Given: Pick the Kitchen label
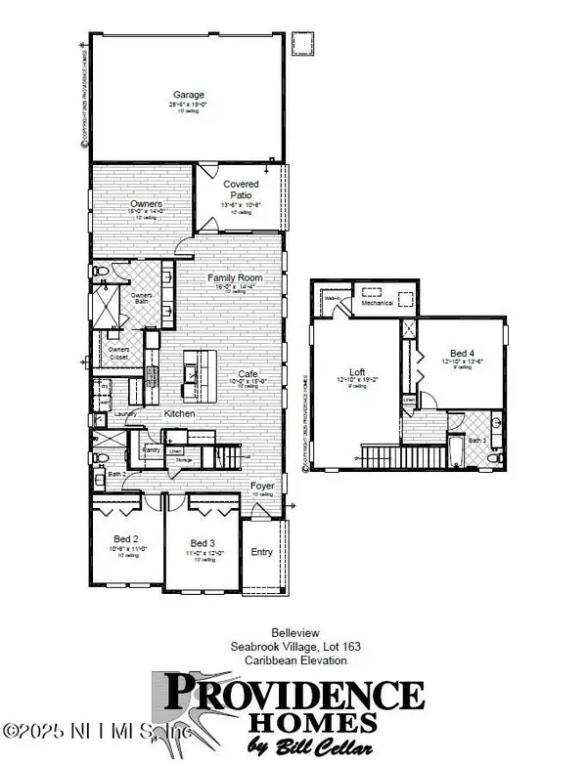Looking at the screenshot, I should [x=180, y=414].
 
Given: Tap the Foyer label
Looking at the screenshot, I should [x=261, y=485].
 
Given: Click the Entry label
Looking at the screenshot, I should [x=263, y=552].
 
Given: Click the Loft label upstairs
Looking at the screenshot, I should [x=359, y=371].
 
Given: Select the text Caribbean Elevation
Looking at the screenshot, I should [x=290, y=659].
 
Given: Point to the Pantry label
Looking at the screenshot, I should [x=152, y=450].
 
